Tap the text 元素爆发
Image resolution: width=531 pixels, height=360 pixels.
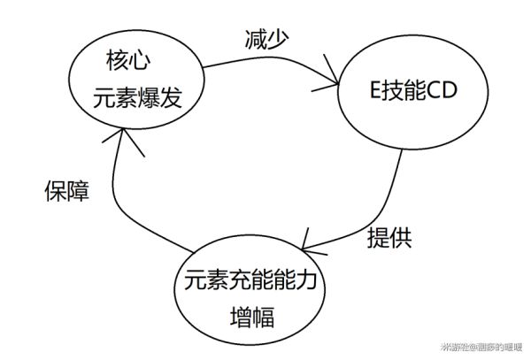138,97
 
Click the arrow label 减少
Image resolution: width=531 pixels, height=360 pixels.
267,40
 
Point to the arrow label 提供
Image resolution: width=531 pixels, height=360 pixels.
389,237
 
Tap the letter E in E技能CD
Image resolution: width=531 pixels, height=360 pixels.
373,93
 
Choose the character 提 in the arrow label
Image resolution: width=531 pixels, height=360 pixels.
378,237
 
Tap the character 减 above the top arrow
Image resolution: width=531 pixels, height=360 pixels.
256,40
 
